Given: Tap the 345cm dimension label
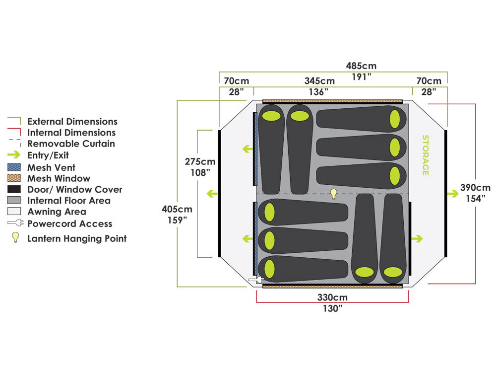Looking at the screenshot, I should tap(319, 81).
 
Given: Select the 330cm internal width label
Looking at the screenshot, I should tap(332, 298).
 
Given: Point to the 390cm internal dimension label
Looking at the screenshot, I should tap(475, 188).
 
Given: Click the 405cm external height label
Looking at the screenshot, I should tap(177, 209).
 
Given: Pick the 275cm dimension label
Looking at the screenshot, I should tap(200, 162).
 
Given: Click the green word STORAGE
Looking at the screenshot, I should tap(425, 155).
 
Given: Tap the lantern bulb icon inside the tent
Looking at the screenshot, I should tap(334, 194).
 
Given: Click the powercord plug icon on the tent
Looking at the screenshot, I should tap(256, 281).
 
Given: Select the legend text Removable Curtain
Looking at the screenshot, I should tap(71, 144).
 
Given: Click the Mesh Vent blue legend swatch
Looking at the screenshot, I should tap(14, 167).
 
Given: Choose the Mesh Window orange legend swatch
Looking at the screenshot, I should tap(14, 178).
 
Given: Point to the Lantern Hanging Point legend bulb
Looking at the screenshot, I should tap(15, 237).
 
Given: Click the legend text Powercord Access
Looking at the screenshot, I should tap(69, 223).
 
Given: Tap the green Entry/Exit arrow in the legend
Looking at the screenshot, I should tap(14, 154).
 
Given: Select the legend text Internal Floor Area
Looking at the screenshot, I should tap(69, 201).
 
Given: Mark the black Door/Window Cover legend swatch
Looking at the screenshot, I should tap(14, 189).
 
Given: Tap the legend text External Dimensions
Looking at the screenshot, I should tap(72, 121).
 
